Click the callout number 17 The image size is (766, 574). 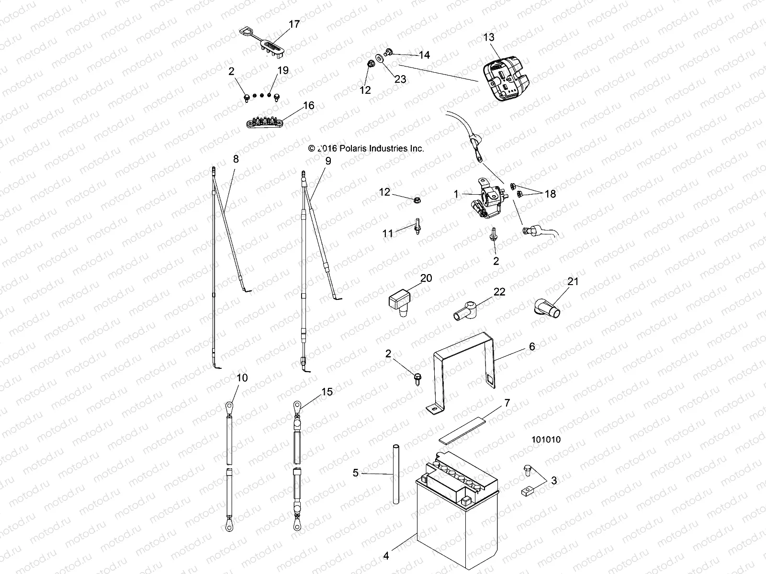(x=294, y=24)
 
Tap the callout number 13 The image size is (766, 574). (x=489, y=37)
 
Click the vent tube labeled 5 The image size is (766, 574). (x=396, y=474)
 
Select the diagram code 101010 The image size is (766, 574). (x=545, y=440)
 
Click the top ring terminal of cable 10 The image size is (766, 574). (x=230, y=407)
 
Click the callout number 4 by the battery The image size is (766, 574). (x=386, y=556)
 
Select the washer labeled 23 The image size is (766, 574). (x=380, y=58)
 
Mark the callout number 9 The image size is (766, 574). (x=327, y=161)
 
